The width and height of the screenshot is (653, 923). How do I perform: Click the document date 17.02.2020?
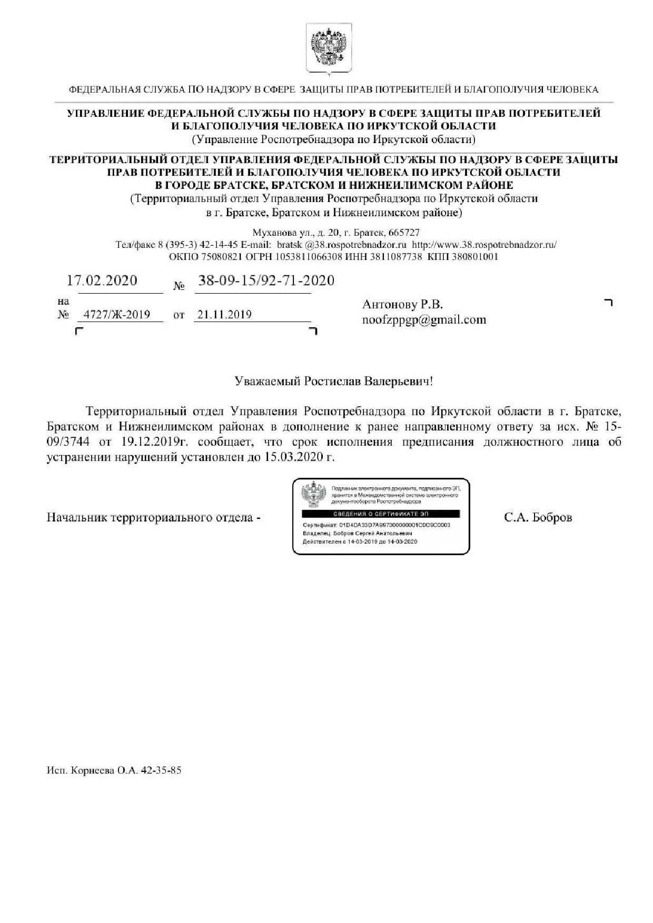click(x=102, y=280)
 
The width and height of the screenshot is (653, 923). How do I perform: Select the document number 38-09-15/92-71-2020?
click(x=265, y=280)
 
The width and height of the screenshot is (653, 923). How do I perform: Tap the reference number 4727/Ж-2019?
click(x=121, y=315)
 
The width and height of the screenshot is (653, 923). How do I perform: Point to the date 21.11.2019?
click(x=224, y=315)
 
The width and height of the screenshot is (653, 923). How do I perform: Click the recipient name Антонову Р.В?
click(x=402, y=304)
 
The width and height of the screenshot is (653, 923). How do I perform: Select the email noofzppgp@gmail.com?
click(x=423, y=320)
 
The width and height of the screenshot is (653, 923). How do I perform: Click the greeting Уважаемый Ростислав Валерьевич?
click(x=333, y=380)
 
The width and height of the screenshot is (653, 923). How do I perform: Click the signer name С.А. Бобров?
click(x=538, y=517)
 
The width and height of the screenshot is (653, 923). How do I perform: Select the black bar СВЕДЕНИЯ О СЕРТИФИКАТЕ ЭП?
click(x=381, y=514)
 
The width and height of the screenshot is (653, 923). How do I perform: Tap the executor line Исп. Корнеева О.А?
click(x=114, y=771)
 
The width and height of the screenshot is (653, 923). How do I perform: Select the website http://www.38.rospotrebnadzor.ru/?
click(x=484, y=245)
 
